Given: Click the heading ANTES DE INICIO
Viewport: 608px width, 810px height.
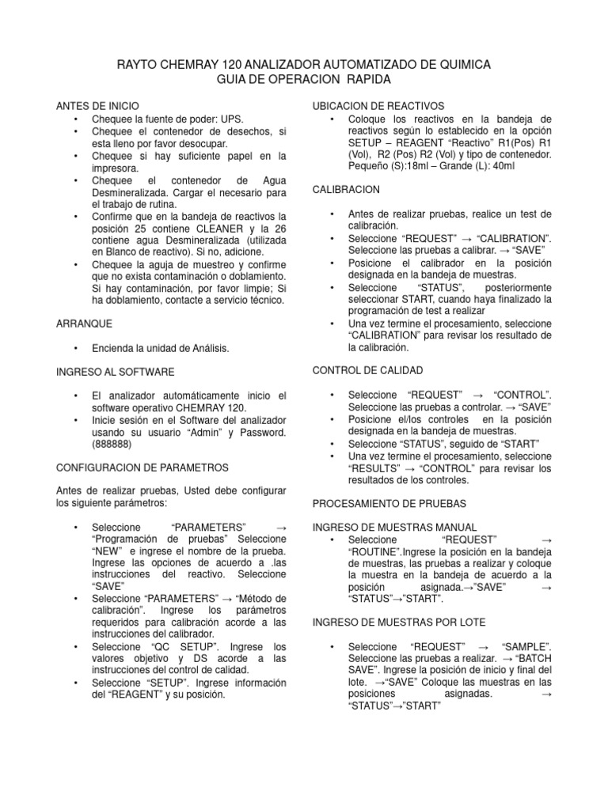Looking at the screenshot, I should pos(97,105).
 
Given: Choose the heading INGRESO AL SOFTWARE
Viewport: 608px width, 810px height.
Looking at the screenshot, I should pos(116,371).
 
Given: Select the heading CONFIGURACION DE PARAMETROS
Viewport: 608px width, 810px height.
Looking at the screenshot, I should pos(142,467).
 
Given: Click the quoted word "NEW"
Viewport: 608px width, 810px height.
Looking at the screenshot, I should pos(105,551).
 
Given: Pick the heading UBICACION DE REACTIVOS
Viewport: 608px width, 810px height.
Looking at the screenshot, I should pos(379,105).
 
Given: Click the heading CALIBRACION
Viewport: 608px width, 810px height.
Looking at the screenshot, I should pos(347,190).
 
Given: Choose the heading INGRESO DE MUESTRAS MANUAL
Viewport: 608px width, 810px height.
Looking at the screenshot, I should pos(395,527).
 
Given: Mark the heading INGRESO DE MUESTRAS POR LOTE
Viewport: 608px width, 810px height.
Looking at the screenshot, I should pos(400,621).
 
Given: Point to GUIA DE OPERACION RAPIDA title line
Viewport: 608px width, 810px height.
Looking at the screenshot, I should pos(304,80).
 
